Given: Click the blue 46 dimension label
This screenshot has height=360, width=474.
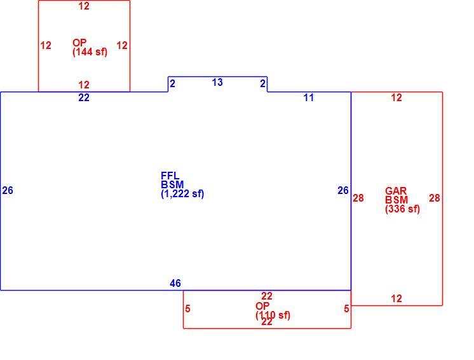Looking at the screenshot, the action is coord(175,284).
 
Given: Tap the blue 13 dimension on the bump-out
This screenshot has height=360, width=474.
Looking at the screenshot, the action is coord(217,82).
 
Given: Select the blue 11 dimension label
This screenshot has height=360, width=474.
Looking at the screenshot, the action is coord(309,98).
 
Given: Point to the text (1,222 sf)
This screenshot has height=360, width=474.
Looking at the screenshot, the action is coord(182,193).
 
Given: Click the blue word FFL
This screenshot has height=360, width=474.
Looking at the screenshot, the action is coord(170,176).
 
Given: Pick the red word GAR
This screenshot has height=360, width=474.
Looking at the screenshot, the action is coord(396,191).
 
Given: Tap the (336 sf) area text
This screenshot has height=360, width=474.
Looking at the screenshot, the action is coord(403,209).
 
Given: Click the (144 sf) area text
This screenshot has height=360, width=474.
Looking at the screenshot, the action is coord(90,52).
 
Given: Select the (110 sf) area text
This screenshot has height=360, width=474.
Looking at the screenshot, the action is coord(273,315).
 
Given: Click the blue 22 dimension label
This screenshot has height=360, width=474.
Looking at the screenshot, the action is coord(84,98).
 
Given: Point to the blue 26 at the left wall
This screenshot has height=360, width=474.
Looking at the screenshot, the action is coord(8,191).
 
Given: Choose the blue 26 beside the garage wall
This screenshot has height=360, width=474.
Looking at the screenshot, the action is coord(343,191).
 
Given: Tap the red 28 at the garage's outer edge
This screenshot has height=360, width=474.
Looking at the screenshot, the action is coord(435,198).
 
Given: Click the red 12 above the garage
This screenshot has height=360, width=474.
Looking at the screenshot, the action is coord(396,98).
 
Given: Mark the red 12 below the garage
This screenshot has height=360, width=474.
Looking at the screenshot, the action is coord(396,299).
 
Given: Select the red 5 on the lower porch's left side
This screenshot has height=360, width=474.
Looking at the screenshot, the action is coord(187,309).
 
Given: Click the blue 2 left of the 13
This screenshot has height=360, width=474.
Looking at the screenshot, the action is coord(173,84).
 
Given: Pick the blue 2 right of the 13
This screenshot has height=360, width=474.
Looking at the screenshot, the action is coord(263,84).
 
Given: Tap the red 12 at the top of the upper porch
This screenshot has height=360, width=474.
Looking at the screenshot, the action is coord(84,6).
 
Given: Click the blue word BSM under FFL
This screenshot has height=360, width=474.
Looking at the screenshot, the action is coord(172,184).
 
